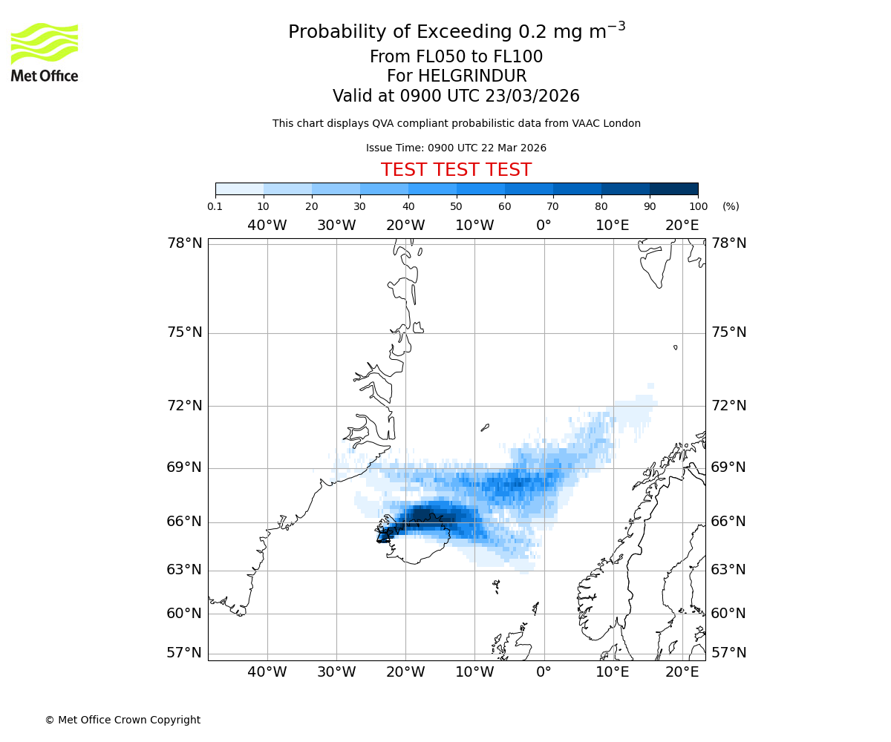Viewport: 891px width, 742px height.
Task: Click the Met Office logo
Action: tap(45, 52)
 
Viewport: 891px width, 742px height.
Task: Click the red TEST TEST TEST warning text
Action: tap(456, 170)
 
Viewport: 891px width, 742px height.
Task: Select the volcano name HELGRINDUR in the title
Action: tap(471, 76)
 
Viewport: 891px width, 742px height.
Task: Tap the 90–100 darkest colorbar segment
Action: tap(673, 188)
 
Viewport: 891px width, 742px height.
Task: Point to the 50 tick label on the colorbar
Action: tap(456, 206)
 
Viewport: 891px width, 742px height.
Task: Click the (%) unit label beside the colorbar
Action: tap(731, 206)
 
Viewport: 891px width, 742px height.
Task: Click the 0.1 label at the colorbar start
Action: tap(215, 206)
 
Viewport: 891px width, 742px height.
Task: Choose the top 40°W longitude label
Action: tap(267, 226)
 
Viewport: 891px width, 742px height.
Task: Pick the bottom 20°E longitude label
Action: tap(682, 672)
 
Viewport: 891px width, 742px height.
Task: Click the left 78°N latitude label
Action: tap(184, 243)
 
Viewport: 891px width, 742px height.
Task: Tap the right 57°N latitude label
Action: tap(729, 653)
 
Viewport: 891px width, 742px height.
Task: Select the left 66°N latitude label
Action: tap(184, 522)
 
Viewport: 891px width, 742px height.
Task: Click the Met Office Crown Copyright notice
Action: tap(123, 720)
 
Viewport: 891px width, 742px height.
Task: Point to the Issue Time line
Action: tap(456, 148)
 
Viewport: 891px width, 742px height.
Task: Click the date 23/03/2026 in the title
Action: tap(532, 96)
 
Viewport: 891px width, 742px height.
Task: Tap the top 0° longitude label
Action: tap(544, 226)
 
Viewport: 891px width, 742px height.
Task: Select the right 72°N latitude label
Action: tap(729, 406)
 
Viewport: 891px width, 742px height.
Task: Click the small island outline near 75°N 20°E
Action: tap(675, 347)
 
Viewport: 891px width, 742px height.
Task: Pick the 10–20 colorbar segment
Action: tap(287, 188)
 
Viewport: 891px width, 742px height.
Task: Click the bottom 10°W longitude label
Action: tap(474, 672)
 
